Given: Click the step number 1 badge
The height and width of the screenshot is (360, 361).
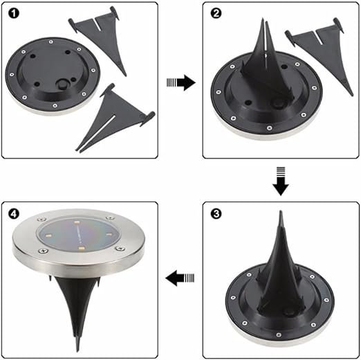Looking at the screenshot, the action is (14, 13).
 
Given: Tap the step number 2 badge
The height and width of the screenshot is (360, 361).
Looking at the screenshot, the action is (216, 13).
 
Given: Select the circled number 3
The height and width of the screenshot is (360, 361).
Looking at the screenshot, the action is (216, 214).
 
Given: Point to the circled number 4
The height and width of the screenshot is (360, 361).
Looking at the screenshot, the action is (14, 214).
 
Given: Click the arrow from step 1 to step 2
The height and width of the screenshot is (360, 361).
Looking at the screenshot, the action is (181, 82).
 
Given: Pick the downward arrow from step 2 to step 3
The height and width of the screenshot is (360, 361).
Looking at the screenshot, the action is (281, 181).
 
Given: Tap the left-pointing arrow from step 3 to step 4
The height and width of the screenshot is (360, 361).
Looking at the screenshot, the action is (180, 278).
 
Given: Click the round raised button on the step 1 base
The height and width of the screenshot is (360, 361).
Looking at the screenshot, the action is (62, 84).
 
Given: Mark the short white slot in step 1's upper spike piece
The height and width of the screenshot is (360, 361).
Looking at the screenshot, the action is (97, 25).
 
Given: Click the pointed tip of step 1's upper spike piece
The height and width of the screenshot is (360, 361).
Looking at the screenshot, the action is (125, 75).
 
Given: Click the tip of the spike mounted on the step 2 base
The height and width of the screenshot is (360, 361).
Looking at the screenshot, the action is (263, 19).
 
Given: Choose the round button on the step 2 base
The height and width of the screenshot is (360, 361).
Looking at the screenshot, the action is (278, 104).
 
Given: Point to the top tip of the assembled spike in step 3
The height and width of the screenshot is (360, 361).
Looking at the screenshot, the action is (281, 212).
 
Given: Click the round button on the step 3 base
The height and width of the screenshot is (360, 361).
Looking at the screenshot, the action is (288, 314).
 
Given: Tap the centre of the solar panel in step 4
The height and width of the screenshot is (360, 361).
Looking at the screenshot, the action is (78, 235).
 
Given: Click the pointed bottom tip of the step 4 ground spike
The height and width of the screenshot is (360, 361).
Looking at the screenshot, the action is (77, 350).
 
